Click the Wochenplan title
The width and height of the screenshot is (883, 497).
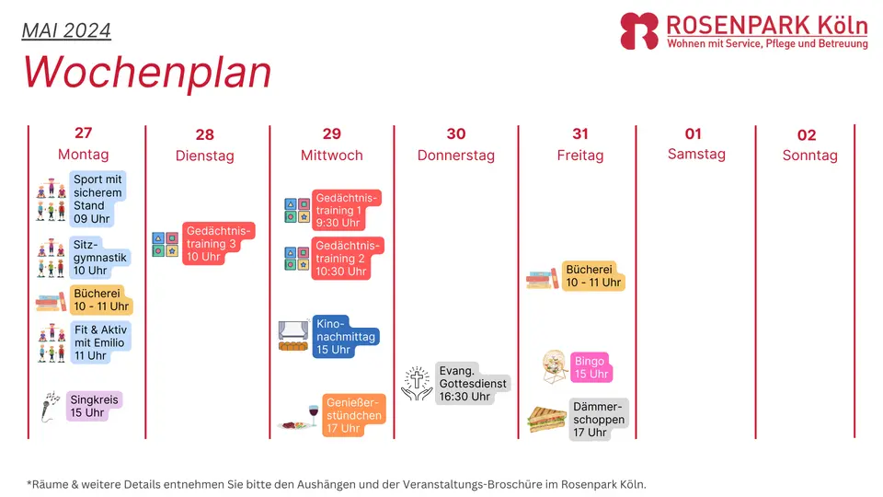tap(147, 72)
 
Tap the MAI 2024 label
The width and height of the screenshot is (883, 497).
tap(66, 30)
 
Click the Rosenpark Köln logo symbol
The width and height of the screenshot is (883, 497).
tap(639, 31)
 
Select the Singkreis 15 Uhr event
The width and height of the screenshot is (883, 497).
tap(94, 406)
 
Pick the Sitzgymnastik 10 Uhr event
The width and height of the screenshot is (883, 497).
tap(99, 258)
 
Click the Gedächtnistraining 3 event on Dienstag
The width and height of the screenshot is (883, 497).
tap(218, 243)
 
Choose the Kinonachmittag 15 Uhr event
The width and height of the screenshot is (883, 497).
tap(345, 337)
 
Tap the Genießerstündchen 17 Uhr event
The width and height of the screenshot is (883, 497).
tap(353, 415)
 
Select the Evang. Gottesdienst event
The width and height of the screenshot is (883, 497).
tap(473, 383)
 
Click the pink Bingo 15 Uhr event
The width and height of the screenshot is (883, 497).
tap(591, 367)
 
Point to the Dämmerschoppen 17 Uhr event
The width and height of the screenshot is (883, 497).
tap(598, 420)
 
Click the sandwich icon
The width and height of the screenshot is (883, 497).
tap(546, 420)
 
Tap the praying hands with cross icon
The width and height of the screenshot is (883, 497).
tap(417, 384)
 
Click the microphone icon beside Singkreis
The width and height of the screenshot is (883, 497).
tap(50, 406)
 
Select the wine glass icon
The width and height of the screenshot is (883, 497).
tap(314, 415)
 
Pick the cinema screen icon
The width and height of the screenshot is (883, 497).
tap(293, 336)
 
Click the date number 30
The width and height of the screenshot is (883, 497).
tap(456, 133)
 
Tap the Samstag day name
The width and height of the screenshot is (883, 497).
tap(696, 154)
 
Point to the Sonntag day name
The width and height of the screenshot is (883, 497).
tap(809, 155)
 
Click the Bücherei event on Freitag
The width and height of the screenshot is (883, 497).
tap(593, 276)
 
